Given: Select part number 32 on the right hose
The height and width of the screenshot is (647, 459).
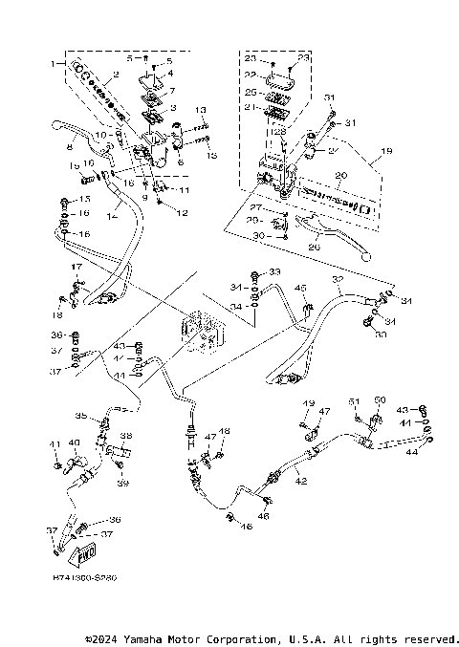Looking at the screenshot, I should click(338, 280).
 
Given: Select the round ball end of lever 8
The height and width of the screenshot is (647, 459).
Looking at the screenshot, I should click(54, 124).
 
